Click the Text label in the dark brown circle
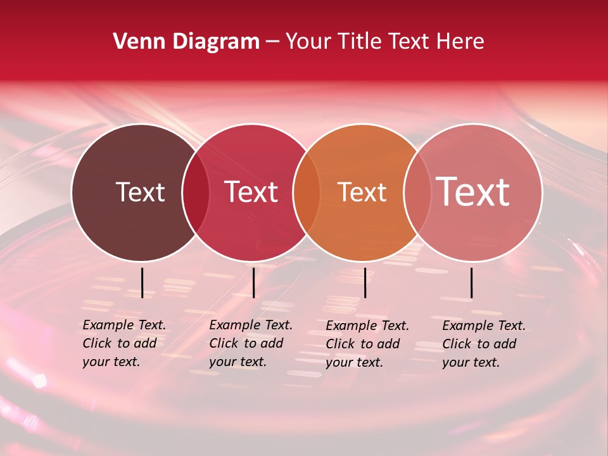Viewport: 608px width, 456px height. click(140, 192)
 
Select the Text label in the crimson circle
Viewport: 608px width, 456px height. click(251, 192)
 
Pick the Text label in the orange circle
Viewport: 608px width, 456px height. click(362, 192)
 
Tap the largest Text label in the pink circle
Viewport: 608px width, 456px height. click(472, 192)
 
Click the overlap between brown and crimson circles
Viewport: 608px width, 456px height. click(196, 193)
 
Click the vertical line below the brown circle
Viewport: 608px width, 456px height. click(142, 282)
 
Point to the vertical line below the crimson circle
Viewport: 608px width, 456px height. click(253, 282)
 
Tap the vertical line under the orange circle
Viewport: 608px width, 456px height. click(365, 282)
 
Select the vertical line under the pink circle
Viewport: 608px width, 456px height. click(471, 282)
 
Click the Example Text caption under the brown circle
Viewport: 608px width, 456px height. click(124, 343)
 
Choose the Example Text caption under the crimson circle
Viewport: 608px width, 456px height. click(251, 343)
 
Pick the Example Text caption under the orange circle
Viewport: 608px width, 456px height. click(367, 344)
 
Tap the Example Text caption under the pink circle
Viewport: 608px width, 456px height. click(484, 344)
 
